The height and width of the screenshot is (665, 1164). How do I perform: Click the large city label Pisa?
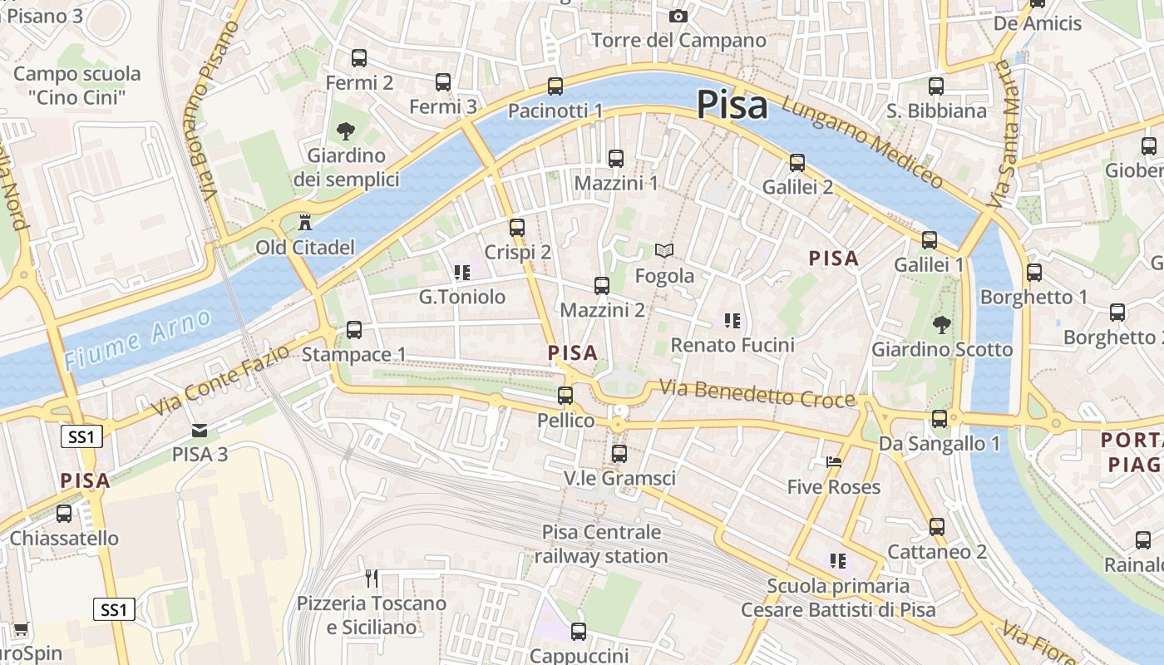pos(732,106)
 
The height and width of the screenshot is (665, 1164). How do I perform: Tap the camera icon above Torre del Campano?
pos(678,17)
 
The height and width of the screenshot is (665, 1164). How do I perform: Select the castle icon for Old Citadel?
pos(305,223)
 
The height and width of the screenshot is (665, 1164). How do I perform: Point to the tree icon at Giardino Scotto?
pos(941,324)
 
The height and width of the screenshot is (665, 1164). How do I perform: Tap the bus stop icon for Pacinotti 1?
pos(555,86)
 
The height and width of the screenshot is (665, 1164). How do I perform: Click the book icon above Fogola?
pos(664,250)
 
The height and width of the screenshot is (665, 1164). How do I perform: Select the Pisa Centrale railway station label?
pos(601,544)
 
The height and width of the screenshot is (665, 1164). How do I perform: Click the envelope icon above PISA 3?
pos(200,430)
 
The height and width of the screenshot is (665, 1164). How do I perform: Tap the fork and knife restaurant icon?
pos(372,579)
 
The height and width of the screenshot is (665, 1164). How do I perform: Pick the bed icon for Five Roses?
pos(834,461)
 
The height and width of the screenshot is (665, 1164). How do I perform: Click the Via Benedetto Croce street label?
pos(757,393)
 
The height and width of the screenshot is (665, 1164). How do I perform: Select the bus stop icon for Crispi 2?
pos(517,228)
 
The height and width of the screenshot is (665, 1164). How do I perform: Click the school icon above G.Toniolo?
pos(463,272)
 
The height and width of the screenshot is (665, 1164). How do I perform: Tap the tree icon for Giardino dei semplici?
pos(346,131)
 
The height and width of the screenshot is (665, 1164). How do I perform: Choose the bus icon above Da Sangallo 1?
pos(940,419)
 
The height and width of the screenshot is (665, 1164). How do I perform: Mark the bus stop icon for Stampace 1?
pos(354,330)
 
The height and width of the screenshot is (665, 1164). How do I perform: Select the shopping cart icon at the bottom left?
pos(21,629)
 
